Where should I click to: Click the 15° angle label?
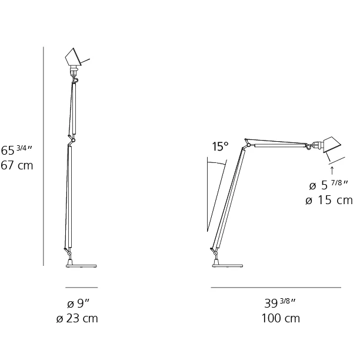pyautogui.click(x=220, y=146)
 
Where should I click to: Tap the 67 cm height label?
pyautogui.click(x=16, y=165)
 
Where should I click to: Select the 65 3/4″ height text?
pyautogui.click(x=16, y=150)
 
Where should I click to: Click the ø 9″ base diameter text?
pyautogui.click(x=78, y=304)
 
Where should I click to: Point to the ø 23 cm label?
pyautogui.click(x=77, y=318)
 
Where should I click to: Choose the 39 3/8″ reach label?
pyautogui.click(x=280, y=303)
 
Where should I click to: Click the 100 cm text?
pyautogui.click(x=281, y=318)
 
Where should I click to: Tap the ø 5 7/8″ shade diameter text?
pyautogui.click(x=329, y=185)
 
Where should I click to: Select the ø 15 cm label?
pyautogui.click(x=329, y=200)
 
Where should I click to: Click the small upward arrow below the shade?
pyautogui.click(x=332, y=171)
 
